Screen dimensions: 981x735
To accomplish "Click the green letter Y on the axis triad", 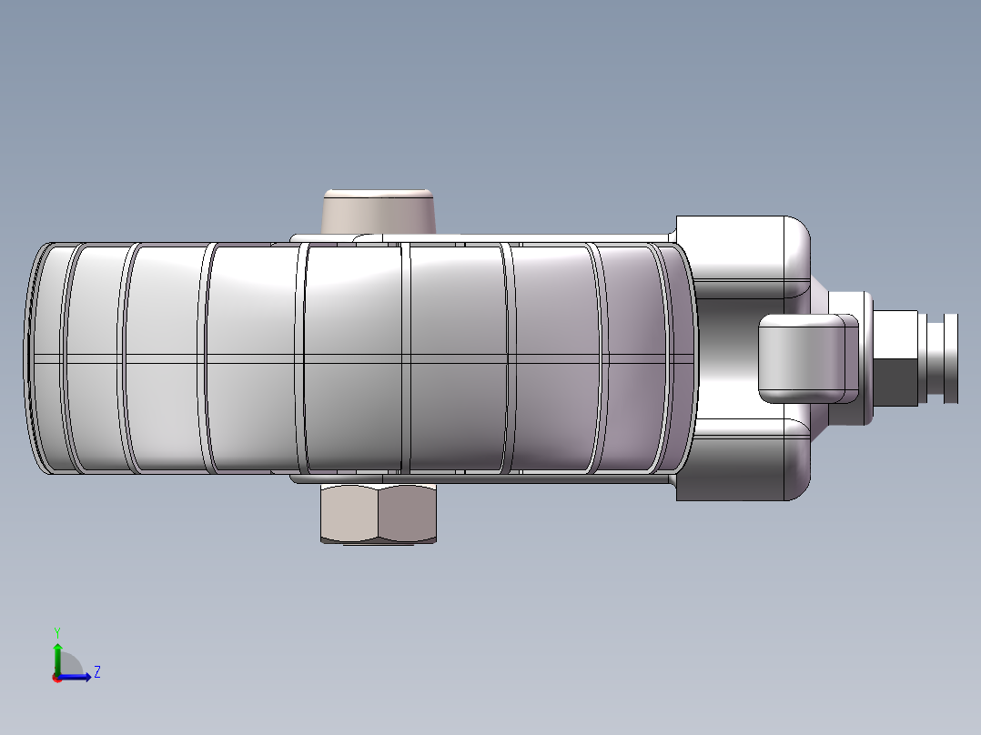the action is pos(57,633).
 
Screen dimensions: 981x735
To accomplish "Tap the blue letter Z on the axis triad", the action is pos(97,672).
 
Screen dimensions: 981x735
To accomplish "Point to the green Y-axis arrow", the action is pos(57,658).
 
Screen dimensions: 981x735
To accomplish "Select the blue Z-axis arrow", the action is pos(75,677).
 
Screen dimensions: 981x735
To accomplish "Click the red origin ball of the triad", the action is pos(57,678).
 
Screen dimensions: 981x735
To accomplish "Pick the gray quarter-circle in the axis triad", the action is pos(70,664).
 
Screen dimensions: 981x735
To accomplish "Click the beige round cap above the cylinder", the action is pos(379,211).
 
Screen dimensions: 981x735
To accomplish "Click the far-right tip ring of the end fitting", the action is pos(950,358).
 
